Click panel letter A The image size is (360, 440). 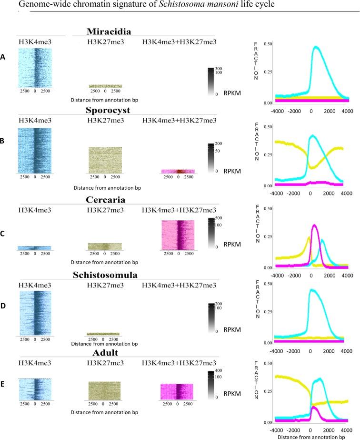pyautogui.click(x=4, y=57)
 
